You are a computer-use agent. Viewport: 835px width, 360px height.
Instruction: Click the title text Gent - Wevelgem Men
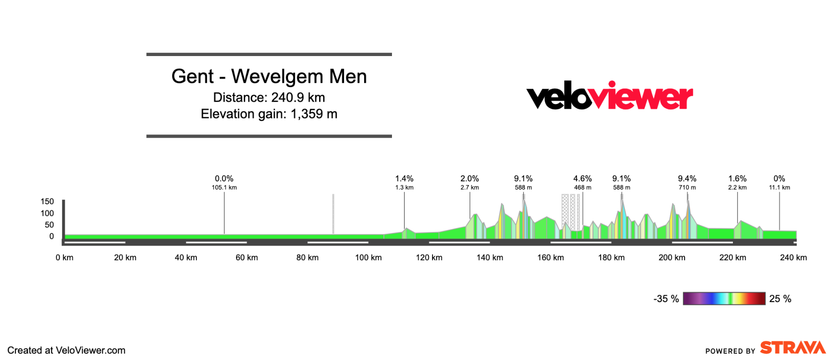click(x=269, y=77)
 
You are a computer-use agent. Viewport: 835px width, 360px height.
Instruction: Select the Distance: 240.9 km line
click(x=269, y=98)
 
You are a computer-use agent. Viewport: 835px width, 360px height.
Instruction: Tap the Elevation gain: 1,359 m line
click(x=269, y=114)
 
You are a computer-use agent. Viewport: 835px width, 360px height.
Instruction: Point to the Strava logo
click(x=793, y=348)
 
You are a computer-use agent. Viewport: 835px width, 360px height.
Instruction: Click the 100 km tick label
click(x=368, y=257)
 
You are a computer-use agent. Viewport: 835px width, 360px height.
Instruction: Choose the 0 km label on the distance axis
click(x=64, y=257)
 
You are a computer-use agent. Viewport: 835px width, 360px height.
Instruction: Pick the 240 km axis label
click(x=793, y=257)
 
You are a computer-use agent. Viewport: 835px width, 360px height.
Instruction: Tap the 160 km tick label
click(x=551, y=257)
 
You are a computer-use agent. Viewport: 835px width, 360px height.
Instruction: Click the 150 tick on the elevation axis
click(x=47, y=201)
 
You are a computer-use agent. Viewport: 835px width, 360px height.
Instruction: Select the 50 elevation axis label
click(x=49, y=225)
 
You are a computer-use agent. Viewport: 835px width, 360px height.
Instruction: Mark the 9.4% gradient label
click(x=687, y=179)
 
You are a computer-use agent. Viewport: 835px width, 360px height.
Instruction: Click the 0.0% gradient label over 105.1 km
click(x=224, y=179)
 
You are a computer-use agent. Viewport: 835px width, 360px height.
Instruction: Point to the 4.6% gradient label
click(x=582, y=179)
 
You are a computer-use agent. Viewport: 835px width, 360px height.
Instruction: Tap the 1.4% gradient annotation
click(x=404, y=179)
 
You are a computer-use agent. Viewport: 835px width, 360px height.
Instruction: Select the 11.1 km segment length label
click(x=779, y=187)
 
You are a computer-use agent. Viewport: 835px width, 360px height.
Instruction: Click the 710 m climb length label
click(x=687, y=187)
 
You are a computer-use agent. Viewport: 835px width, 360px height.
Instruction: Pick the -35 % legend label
click(x=666, y=299)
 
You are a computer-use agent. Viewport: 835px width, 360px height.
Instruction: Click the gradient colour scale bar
click(x=724, y=298)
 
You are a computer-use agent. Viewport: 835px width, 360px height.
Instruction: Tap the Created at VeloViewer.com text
click(x=67, y=350)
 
